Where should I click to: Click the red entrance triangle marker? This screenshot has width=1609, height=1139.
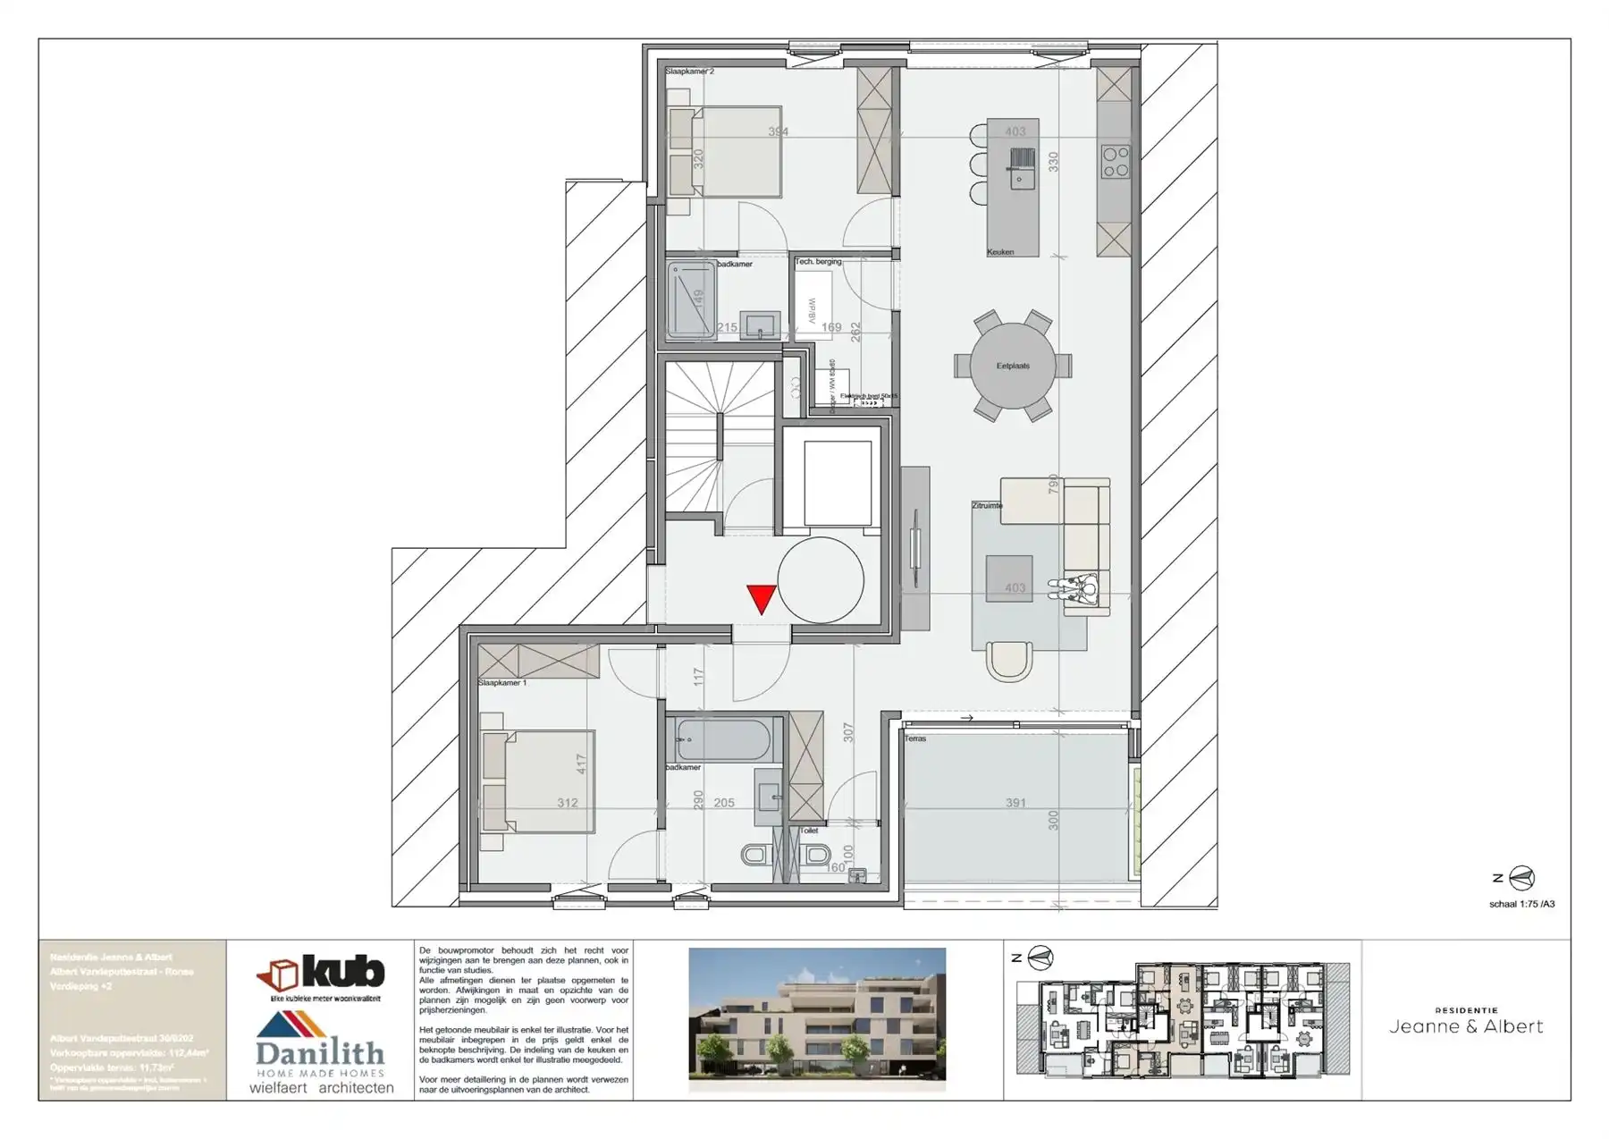click(x=762, y=598)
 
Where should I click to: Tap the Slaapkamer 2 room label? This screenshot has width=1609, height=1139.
click(x=689, y=71)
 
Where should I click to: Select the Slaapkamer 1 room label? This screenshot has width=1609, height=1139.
click(x=502, y=682)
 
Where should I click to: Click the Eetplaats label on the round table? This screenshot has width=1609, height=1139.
click(x=1013, y=366)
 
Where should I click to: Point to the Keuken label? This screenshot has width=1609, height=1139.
click(x=1000, y=252)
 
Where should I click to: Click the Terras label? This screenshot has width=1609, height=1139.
click(x=915, y=738)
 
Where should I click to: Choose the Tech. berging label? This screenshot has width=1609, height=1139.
click(x=819, y=262)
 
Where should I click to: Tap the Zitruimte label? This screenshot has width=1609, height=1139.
click(x=987, y=505)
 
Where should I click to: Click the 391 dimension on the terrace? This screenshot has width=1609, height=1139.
click(x=1015, y=803)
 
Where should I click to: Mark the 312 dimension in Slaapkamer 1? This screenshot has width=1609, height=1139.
click(x=568, y=803)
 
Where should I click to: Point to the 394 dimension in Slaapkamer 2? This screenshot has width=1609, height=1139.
click(x=779, y=132)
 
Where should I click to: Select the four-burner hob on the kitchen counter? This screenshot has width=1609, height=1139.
click(x=1116, y=162)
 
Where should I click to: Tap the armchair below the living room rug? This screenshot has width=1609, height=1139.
click(x=1009, y=662)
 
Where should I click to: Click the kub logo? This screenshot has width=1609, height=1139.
click(x=321, y=974)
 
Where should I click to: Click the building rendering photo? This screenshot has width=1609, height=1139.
click(x=817, y=1020)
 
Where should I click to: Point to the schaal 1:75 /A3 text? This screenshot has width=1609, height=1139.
click(x=1521, y=904)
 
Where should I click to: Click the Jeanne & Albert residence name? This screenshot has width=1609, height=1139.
click(x=1466, y=1026)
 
